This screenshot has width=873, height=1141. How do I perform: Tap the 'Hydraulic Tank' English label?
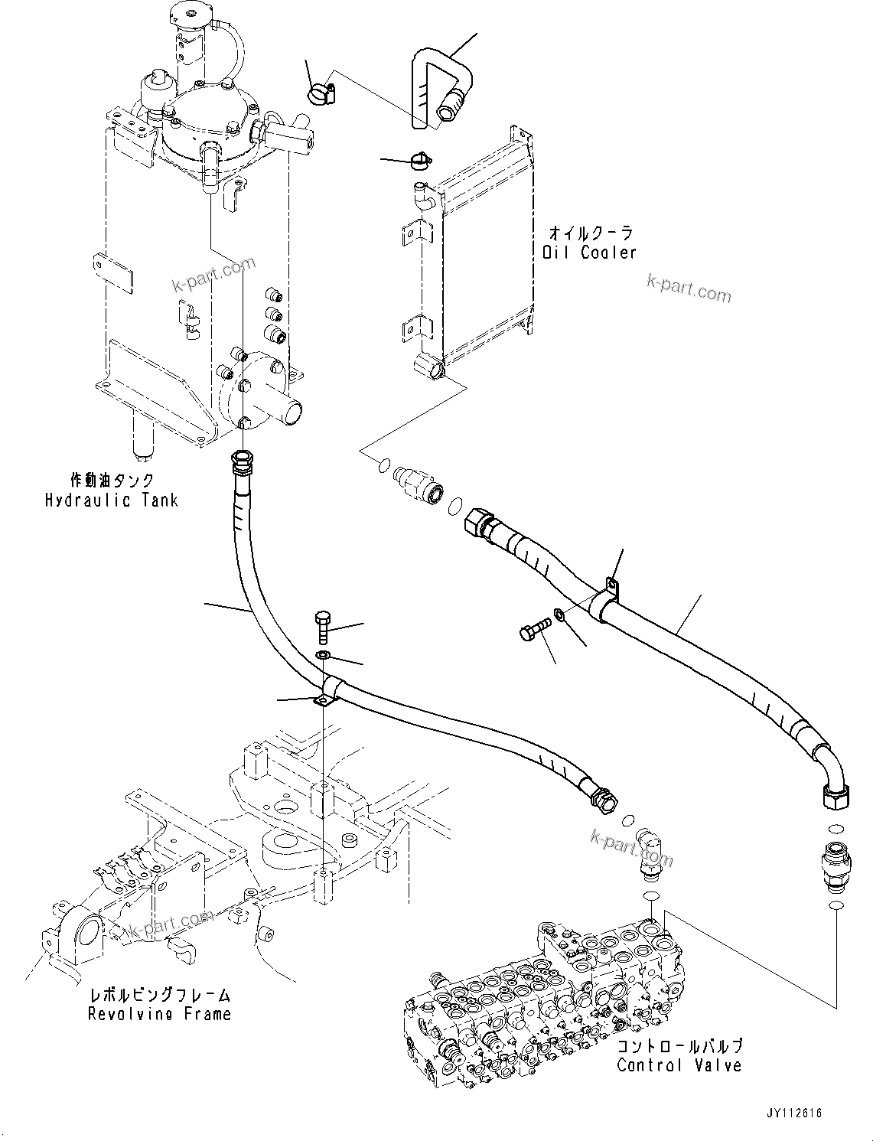click(111, 500)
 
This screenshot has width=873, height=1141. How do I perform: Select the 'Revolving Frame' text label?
click(159, 1014)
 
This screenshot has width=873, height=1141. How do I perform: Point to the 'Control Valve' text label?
click(679, 1064)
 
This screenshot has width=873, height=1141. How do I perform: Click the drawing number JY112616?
click(791, 1113)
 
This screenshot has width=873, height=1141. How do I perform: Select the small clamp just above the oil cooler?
click(419, 160)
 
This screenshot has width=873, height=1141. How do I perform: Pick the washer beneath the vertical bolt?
click(324, 655)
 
